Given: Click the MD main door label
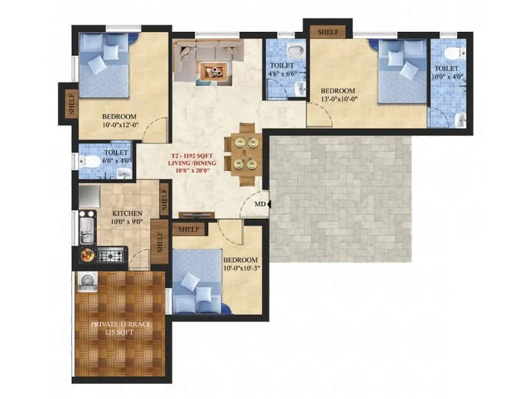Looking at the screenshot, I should (261, 204).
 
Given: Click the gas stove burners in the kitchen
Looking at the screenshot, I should (112, 254).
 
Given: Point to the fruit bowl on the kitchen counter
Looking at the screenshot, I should (87, 253).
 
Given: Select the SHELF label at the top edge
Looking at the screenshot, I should (327, 32).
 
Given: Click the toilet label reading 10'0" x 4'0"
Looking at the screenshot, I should (446, 72).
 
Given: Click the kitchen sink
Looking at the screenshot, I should (86, 229).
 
